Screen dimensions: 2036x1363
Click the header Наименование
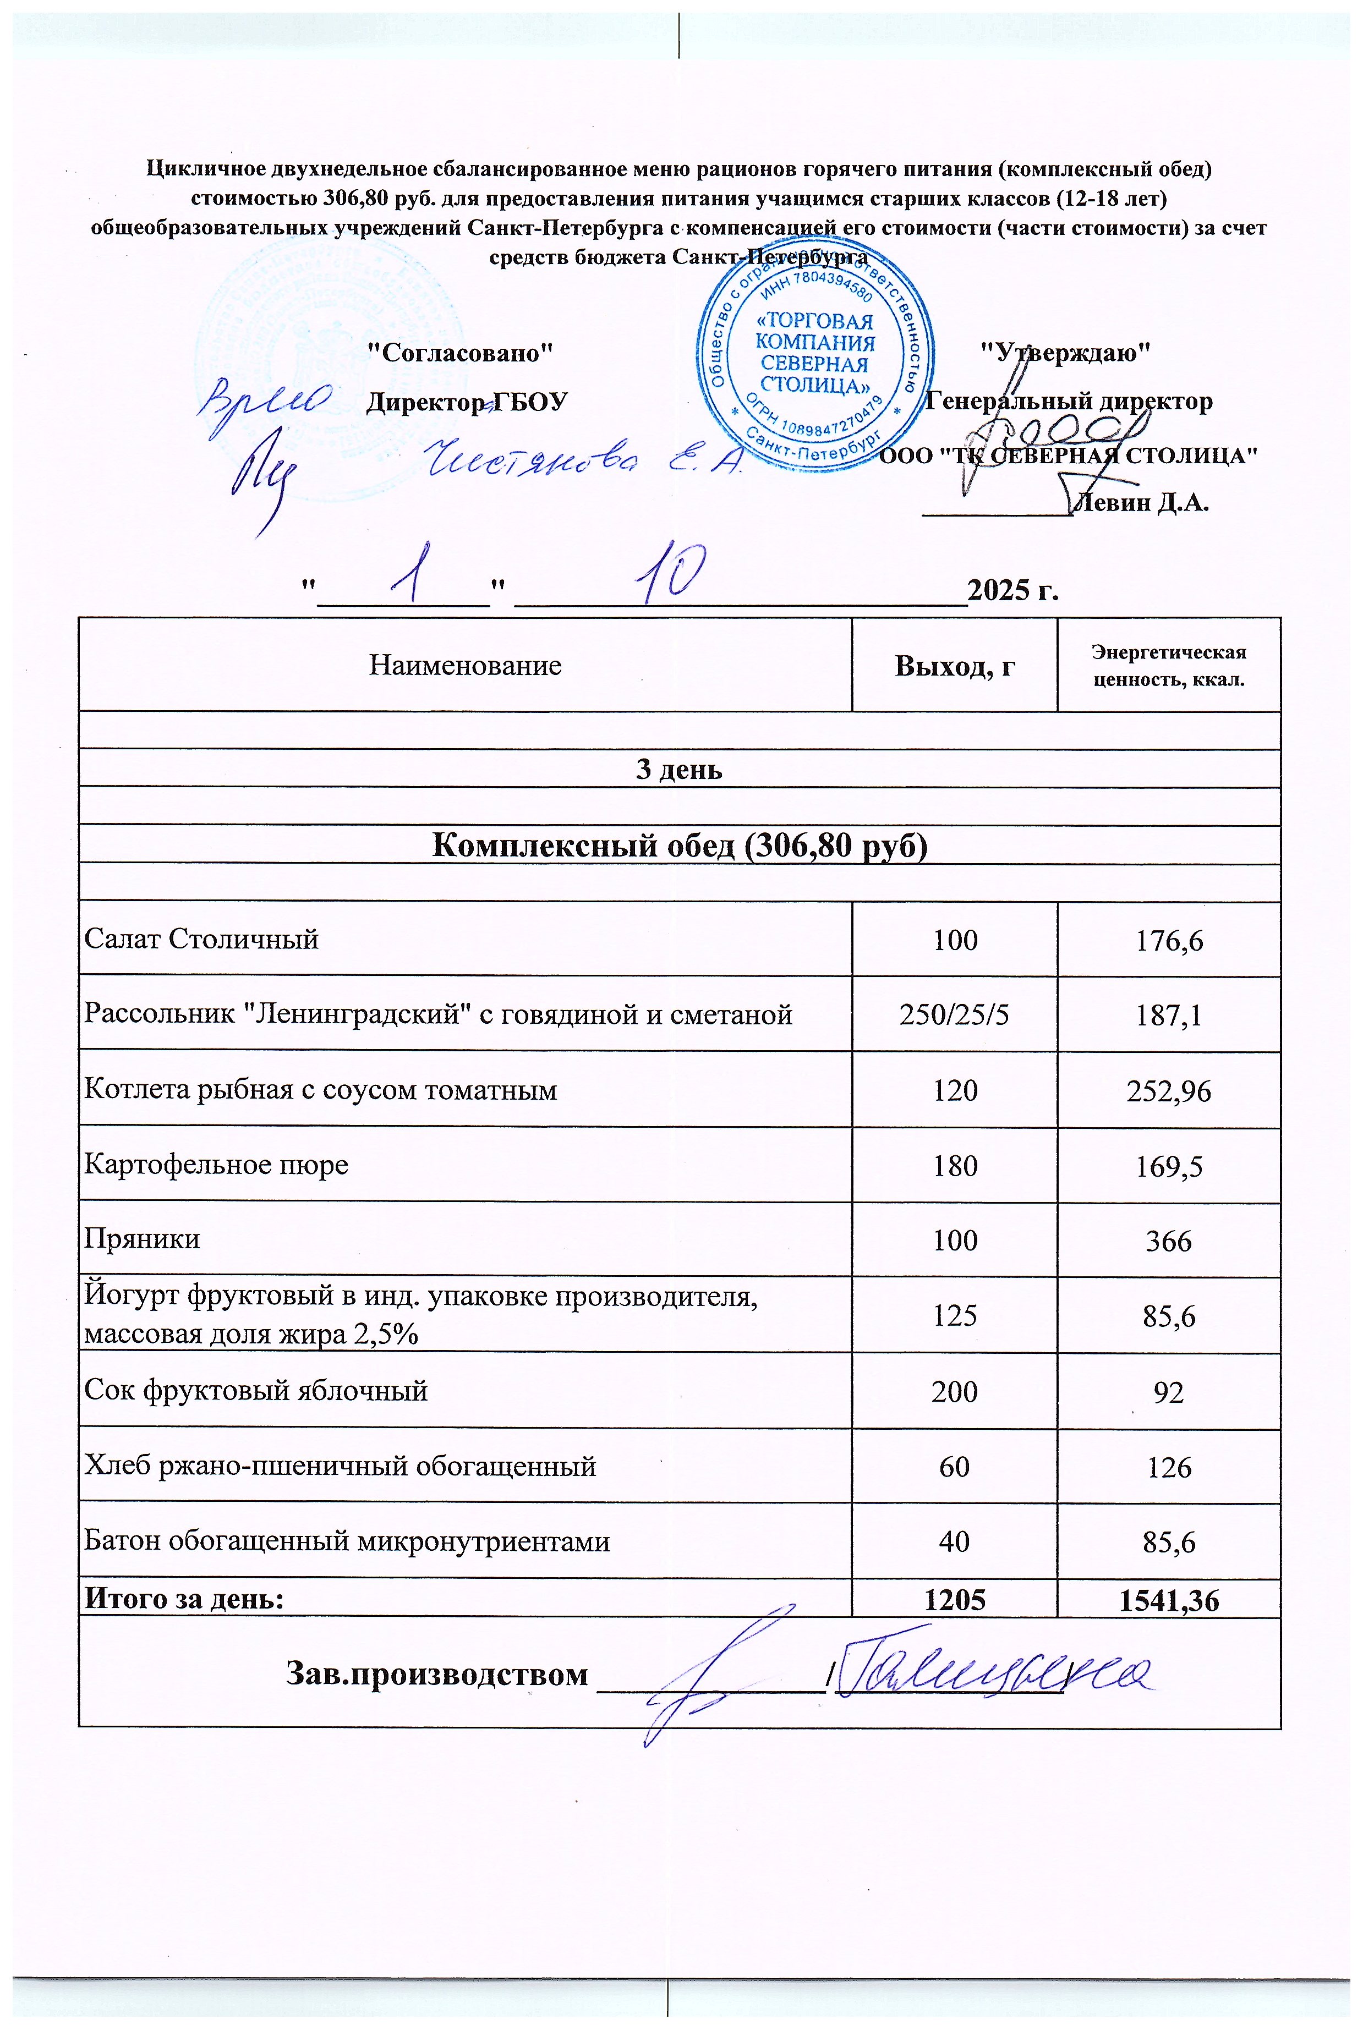click(465, 666)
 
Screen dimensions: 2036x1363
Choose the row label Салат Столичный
click(201, 940)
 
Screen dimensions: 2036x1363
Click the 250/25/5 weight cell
click(955, 1014)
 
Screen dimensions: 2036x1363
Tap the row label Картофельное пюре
click(216, 1165)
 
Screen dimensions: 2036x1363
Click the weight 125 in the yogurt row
click(955, 1316)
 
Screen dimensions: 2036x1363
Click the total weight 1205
click(955, 1600)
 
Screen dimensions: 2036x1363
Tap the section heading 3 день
click(679, 769)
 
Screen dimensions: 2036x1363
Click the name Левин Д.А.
click(1141, 503)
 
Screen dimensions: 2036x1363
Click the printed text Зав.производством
click(436, 1673)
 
